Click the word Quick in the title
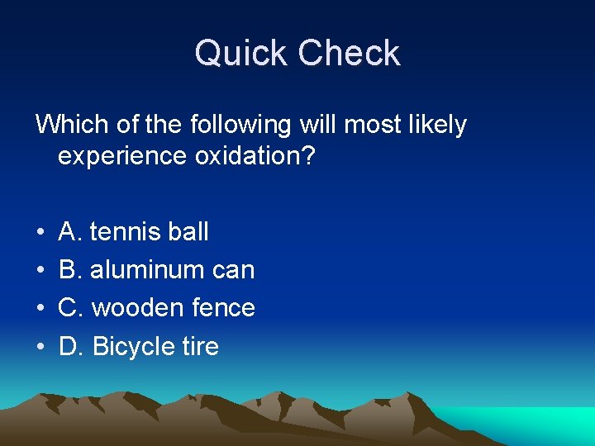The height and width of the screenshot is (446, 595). [241, 55]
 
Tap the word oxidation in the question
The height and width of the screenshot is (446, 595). [255, 157]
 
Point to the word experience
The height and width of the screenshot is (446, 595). [122, 157]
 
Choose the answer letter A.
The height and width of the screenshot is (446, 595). [68, 232]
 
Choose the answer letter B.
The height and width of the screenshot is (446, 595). [68, 270]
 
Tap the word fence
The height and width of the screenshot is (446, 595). [223, 308]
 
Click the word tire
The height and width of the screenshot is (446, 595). [201, 346]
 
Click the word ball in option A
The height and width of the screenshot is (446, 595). [189, 232]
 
